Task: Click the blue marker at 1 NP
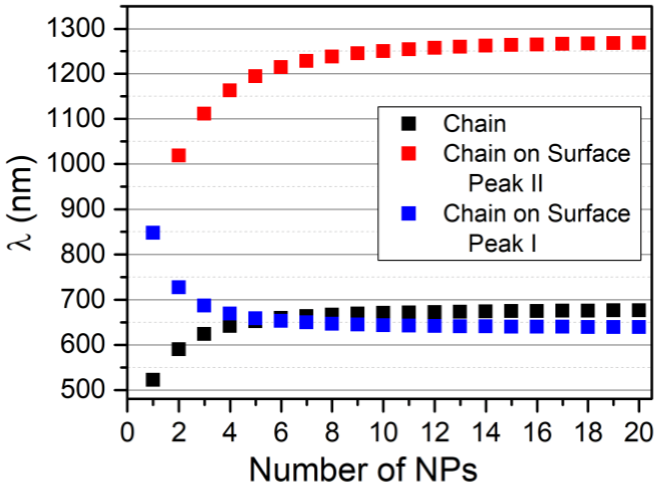coord(153,232)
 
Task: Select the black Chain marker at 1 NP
coord(153,380)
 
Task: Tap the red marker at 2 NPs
coord(179,156)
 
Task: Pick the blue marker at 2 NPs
coord(179,287)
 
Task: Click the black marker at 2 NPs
coord(179,349)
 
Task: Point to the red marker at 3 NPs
coord(204,114)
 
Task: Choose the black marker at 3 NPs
coord(204,334)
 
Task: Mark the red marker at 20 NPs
coord(639,42)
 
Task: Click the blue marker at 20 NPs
coord(639,327)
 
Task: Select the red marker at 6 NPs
coord(281,67)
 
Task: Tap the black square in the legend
coord(408,124)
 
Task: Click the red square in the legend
coord(408,154)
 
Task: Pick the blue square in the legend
coord(408,213)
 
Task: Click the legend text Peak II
coord(505,183)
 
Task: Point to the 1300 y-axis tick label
coord(76,28)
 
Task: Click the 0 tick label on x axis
coord(127,433)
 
